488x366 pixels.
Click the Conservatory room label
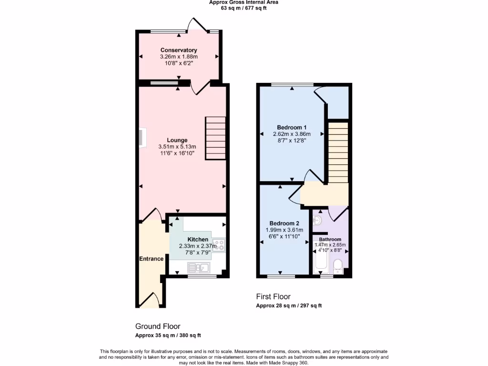[178, 50]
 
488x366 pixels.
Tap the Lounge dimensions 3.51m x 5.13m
[177, 147]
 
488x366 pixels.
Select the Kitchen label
[197, 239]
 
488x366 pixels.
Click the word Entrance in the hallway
[151, 259]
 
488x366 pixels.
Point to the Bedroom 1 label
[291, 127]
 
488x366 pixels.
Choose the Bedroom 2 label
[284, 224]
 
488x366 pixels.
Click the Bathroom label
[330, 239]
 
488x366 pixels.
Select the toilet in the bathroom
[338, 266]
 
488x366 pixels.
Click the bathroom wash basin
[318, 221]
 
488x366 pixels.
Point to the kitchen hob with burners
[219, 245]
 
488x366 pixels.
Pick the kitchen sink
[199, 267]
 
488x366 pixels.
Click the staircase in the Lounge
[215, 138]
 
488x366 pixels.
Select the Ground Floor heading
[158, 326]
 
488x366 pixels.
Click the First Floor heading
[273, 297]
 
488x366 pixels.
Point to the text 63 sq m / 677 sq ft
[244, 8]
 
